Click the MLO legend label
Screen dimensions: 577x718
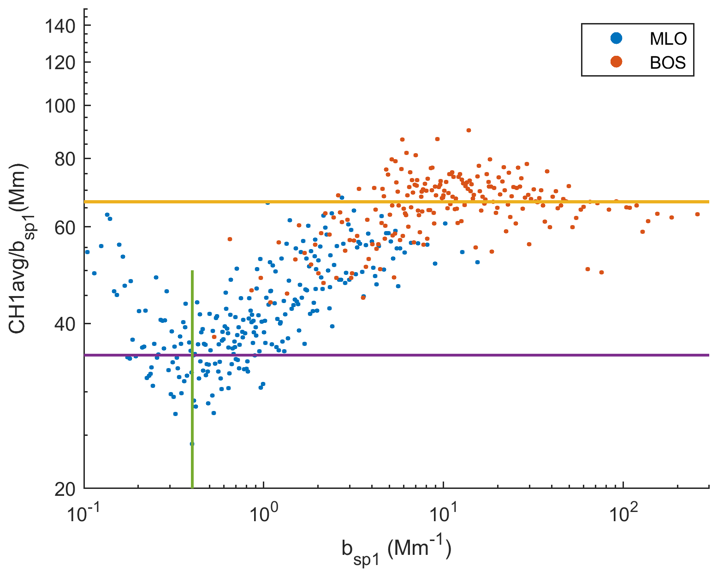click(668, 39)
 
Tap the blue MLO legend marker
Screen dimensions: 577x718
click(616, 38)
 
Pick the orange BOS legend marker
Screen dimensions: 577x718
click(616, 62)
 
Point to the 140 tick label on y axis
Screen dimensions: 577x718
click(60, 26)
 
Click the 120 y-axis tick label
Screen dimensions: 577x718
click(60, 63)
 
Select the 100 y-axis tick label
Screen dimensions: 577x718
click(60, 106)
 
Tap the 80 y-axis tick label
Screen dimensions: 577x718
click(65, 159)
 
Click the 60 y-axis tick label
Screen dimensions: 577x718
click(65, 227)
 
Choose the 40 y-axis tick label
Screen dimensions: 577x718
click(65, 324)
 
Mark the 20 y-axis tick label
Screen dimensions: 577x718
click(65, 489)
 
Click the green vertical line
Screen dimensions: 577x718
click(192, 378)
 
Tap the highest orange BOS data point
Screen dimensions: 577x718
click(469, 130)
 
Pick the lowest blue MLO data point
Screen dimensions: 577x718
click(192, 444)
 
